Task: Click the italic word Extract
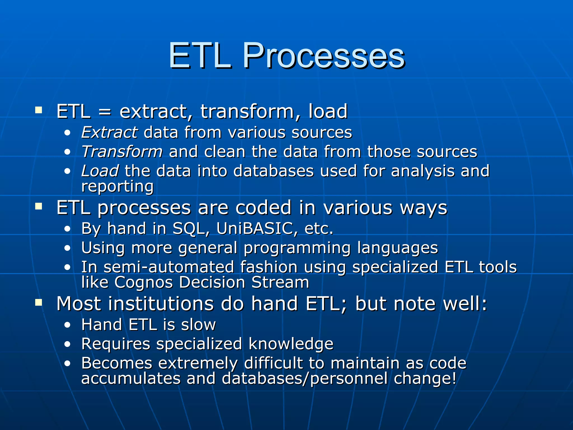(x=109, y=132)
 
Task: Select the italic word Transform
(x=122, y=152)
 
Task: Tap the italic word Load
(x=100, y=171)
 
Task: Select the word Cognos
(x=144, y=282)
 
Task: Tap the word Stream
(x=280, y=282)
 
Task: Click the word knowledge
(x=291, y=344)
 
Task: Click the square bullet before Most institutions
(x=39, y=302)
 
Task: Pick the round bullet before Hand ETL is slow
(x=67, y=325)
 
